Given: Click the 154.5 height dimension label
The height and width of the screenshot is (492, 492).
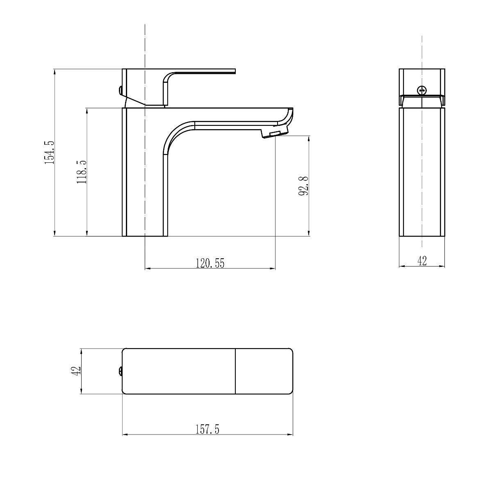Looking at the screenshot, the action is coord(49,153).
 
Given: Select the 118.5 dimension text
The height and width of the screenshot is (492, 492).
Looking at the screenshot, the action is coord(82,172).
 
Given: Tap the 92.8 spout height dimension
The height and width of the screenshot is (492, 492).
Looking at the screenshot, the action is coord(303,186).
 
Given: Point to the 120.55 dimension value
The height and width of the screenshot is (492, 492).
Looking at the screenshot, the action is coord(210,263).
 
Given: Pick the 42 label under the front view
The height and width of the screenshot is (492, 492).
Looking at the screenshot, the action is coord(422,261).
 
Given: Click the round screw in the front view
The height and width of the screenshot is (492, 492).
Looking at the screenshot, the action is coord(422,90).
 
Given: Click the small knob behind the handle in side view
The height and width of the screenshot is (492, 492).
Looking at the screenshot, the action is coord(120,91).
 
